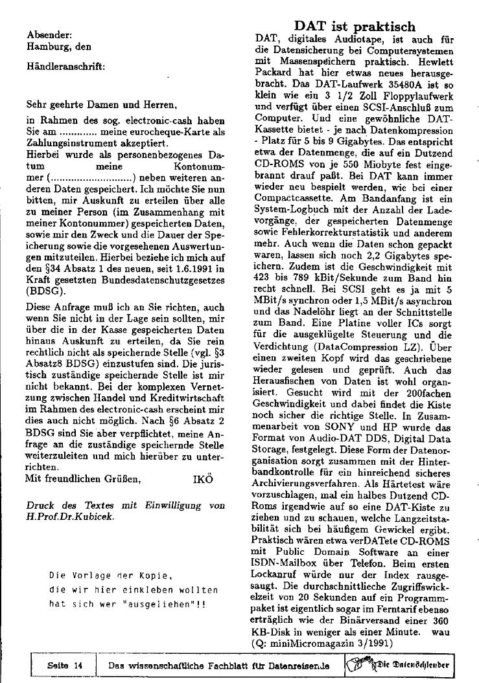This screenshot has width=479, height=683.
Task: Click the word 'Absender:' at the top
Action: click(x=49, y=35)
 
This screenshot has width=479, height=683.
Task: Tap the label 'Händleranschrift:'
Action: click(x=65, y=65)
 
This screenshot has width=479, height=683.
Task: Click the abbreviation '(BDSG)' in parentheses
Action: click(x=43, y=273)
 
